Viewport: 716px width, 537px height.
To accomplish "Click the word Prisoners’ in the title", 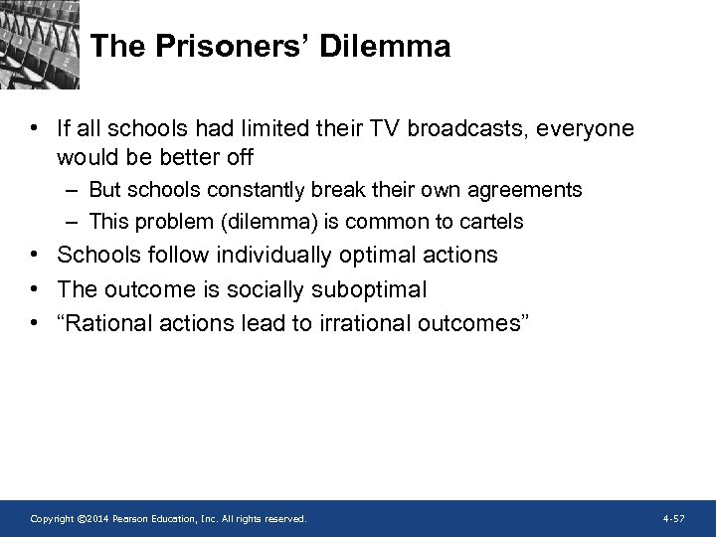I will click(x=232, y=47).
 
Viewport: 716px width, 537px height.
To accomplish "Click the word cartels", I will click(x=491, y=221).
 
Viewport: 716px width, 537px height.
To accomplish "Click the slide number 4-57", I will click(x=673, y=519).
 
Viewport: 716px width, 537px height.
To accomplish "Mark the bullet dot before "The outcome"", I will click(x=36, y=289).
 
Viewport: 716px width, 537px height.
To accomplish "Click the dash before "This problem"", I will click(x=75, y=221).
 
